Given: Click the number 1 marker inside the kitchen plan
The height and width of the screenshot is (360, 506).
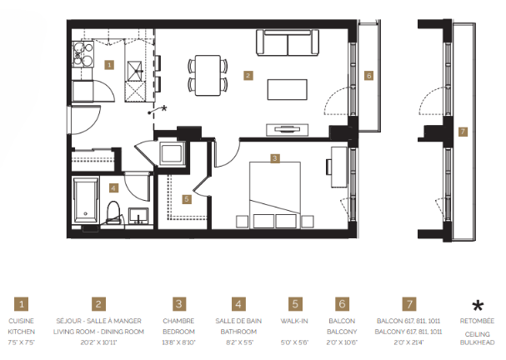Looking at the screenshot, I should [108, 64].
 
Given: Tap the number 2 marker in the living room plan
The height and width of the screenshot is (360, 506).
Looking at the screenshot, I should [248, 75].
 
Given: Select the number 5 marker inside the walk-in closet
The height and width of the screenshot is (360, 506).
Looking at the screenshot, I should [188, 199].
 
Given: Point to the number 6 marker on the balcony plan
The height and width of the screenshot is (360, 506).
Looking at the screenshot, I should [368, 75].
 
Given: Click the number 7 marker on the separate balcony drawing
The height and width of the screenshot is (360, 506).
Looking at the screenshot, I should [463, 131].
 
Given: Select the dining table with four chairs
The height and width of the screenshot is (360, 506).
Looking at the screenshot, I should [208, 73].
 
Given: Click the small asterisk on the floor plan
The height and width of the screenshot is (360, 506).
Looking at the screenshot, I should [163, 108].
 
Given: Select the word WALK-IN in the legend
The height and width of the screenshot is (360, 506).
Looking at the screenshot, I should [293, 320].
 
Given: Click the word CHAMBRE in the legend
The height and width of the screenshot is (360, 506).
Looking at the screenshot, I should [179, 320].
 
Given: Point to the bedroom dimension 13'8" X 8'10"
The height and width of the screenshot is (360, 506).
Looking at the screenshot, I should [179, 342].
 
